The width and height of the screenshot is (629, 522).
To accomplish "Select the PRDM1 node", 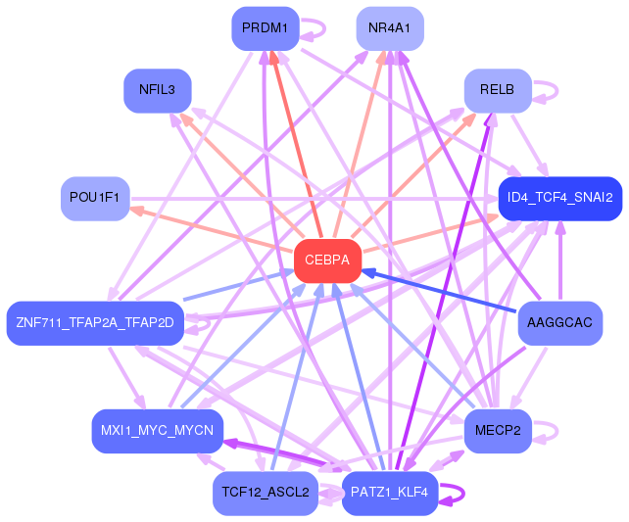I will click(x=265, y=28).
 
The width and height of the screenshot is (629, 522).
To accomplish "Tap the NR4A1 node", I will click(x=390, y=28).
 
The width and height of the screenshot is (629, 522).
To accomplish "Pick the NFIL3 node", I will click(x=157, y=90).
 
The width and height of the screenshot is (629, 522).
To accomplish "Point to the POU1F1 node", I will click(x=94, y=198).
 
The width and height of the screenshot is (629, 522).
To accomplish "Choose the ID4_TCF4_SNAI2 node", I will click(x=559, y=198).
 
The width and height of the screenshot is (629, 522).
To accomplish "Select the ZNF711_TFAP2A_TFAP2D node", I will click(x=94, y=322).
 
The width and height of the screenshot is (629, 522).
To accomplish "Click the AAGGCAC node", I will click(x=559, y=322).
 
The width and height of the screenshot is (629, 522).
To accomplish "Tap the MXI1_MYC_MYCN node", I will click(x=158, y=431).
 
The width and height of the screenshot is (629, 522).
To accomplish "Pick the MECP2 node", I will click(x=498, y=431).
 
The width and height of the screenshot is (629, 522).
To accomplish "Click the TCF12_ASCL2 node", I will click(x=265, y=493).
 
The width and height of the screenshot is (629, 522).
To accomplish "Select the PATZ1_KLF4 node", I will click(x=390, y=493).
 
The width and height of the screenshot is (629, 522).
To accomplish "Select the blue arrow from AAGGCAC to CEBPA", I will click(x=441, y=291).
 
